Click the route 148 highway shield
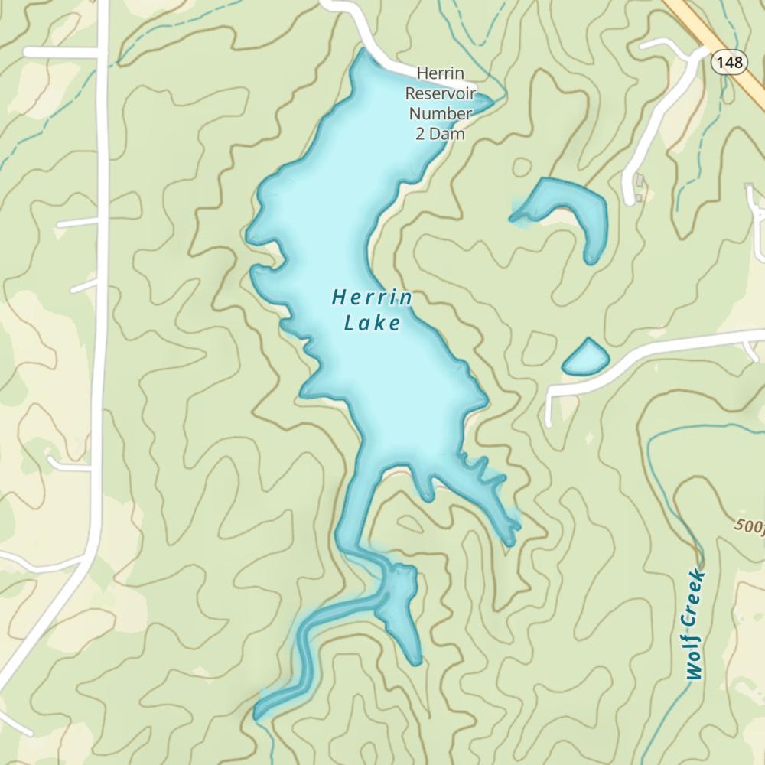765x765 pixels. coord(731,63)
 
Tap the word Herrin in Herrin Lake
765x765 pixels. coord(373,298)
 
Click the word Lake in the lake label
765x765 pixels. coord(373,324)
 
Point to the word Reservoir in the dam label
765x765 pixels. coord(440,94)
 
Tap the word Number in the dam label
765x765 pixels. coord(440,114)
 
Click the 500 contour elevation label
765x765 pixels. coord(748,526)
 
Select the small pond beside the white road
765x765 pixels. coord(586,357)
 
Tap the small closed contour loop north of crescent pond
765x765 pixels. coord(522,168)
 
